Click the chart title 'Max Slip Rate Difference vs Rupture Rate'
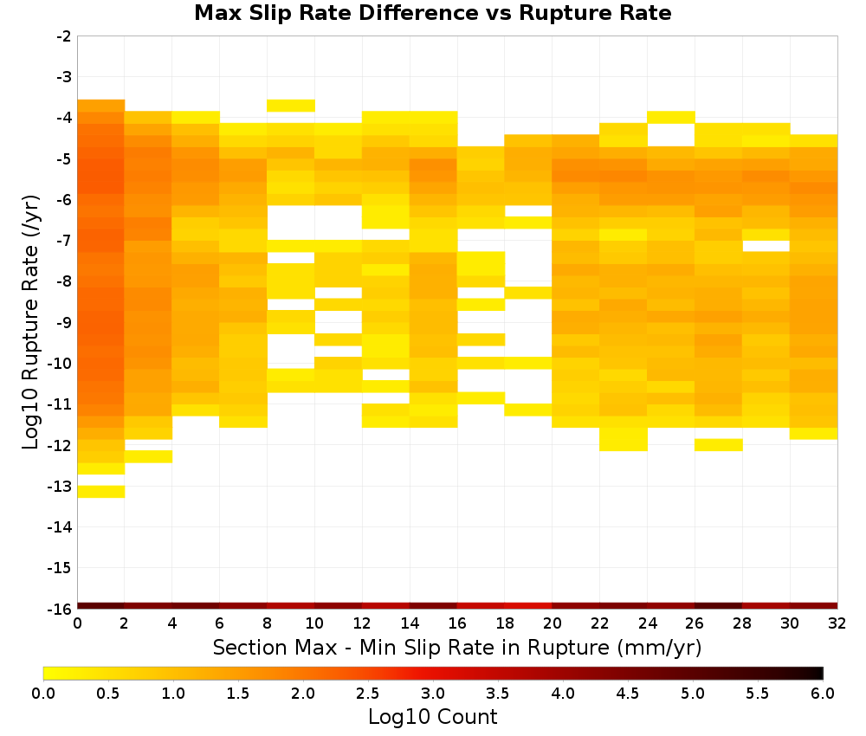[432, 13]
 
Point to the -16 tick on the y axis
[61, 609]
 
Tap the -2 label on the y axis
[64, 36]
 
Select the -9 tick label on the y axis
[64, 322]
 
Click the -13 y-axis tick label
[61, 487]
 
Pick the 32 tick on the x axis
[837, 623]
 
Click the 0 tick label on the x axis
[77, 623]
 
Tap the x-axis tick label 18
[505, 623]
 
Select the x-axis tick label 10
[314, 623]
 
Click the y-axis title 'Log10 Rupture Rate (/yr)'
[30, 322]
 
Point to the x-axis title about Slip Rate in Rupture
[457, 647]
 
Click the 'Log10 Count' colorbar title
[433, 717]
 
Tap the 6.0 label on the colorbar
[823, 694]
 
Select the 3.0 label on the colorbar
[433, 694]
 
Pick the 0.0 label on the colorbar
[43, 694]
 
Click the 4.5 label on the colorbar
[628, 694]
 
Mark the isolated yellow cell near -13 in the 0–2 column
[101, 492]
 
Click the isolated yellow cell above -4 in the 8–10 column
[291, 106]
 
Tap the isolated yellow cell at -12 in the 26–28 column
[719, 445]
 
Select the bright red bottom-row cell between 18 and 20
[528, 606]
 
